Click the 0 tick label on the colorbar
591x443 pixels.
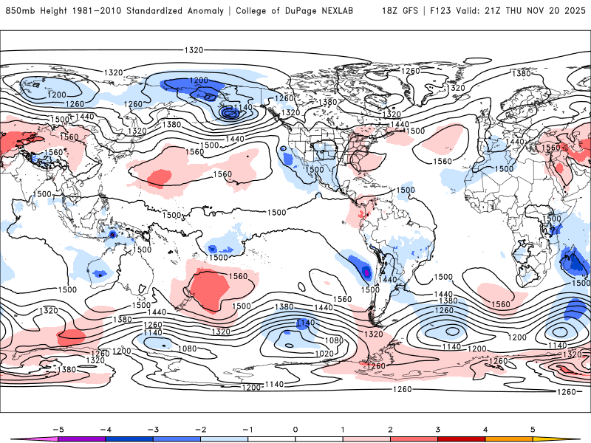coord(295,428)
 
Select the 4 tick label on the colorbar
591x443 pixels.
coord(485,428)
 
